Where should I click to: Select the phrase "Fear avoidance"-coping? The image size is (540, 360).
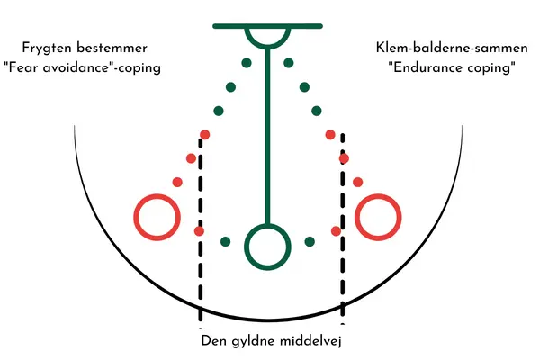(x=82, y=67)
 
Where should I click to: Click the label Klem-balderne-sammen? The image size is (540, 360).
(x=452, y=48)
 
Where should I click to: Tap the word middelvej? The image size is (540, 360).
(x=310, y=341)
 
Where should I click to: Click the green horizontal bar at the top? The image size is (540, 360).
(x=267, y=26)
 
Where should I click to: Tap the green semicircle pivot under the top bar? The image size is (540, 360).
(x=267, y=47)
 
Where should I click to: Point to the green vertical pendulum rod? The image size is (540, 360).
(x=267, y=137)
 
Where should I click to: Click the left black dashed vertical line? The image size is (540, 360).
(x=201, y=230)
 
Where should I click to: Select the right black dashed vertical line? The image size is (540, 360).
(x=342, y=229)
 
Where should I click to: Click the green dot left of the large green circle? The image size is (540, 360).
(x=226, y=241)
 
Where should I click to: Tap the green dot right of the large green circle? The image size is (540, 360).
(x=310, y=241)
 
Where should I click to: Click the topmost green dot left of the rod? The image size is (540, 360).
(x=247, y=63)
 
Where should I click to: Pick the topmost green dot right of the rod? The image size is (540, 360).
(x=289, y=63)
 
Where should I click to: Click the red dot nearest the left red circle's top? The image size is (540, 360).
(x=177, y=182)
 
